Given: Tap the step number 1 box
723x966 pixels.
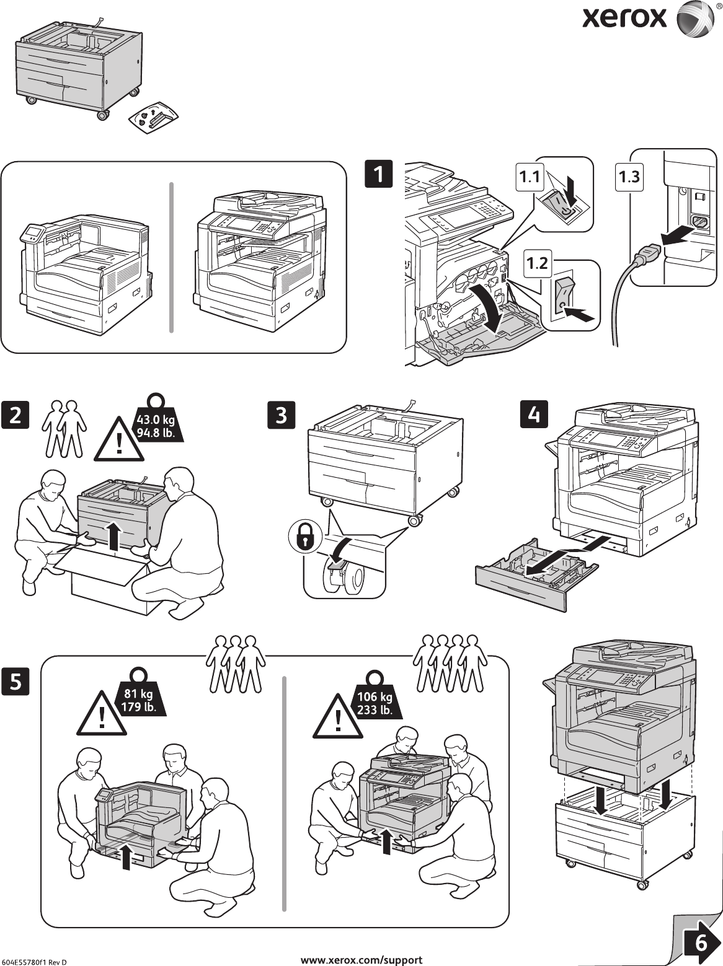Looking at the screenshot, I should click(378, 172).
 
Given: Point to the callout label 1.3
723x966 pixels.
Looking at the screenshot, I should click(628, 177).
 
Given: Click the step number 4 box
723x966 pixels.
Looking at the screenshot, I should click(534, 413).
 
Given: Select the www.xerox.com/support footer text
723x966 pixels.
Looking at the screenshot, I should click(361, 960).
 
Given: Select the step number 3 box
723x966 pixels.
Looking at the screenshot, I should click(282, 415).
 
